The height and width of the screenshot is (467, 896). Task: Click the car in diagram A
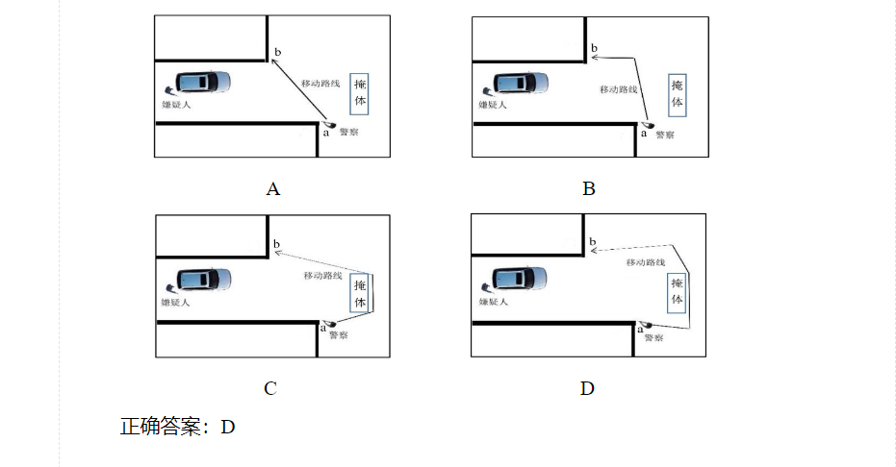[x=203, y=82]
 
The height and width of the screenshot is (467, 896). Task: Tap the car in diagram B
[x=521, y=83]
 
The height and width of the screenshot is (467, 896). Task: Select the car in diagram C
[x=204, y=280]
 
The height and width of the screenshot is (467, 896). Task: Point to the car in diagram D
[x=520, y=278]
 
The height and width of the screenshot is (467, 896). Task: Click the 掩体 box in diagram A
[x=359, y=93]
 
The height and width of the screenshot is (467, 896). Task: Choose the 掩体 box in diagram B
[x=678, y=95]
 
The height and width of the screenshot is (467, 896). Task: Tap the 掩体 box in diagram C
[x=360, y=294]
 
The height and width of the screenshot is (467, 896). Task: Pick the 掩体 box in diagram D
[x=677, y=292]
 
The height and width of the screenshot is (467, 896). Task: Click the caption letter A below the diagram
[x=273, y=188]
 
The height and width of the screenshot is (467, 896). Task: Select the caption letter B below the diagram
[x=589, y=188]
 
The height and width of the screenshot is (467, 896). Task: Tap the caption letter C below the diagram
[x=270, y=388]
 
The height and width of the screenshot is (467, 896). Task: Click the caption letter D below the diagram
[x=587, y=388]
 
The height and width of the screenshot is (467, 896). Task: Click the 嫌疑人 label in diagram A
[x=176, y=105]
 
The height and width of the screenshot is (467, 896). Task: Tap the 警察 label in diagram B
[x=665, y=135]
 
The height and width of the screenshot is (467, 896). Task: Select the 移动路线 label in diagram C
[x=322, y=276]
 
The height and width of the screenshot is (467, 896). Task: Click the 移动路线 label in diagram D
[x=646, y=262]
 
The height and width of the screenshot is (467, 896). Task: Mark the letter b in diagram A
[x=278, y=52]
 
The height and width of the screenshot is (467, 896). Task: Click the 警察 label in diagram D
[x=653, y=338]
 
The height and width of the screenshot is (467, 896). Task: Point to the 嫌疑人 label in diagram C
[x=175, y=303]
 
